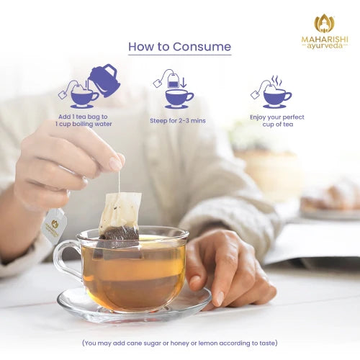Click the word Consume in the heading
(202, 47)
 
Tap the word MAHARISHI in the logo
(325, 40)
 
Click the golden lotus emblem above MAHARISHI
(324, 23)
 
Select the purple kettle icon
(104, 80)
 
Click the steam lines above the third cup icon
(276, 81)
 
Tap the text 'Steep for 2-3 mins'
(178, 121)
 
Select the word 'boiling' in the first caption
(83, 124)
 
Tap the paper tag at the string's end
(54, 225)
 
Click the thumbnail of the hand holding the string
(115, 164)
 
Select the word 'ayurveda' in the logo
(325, 46)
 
